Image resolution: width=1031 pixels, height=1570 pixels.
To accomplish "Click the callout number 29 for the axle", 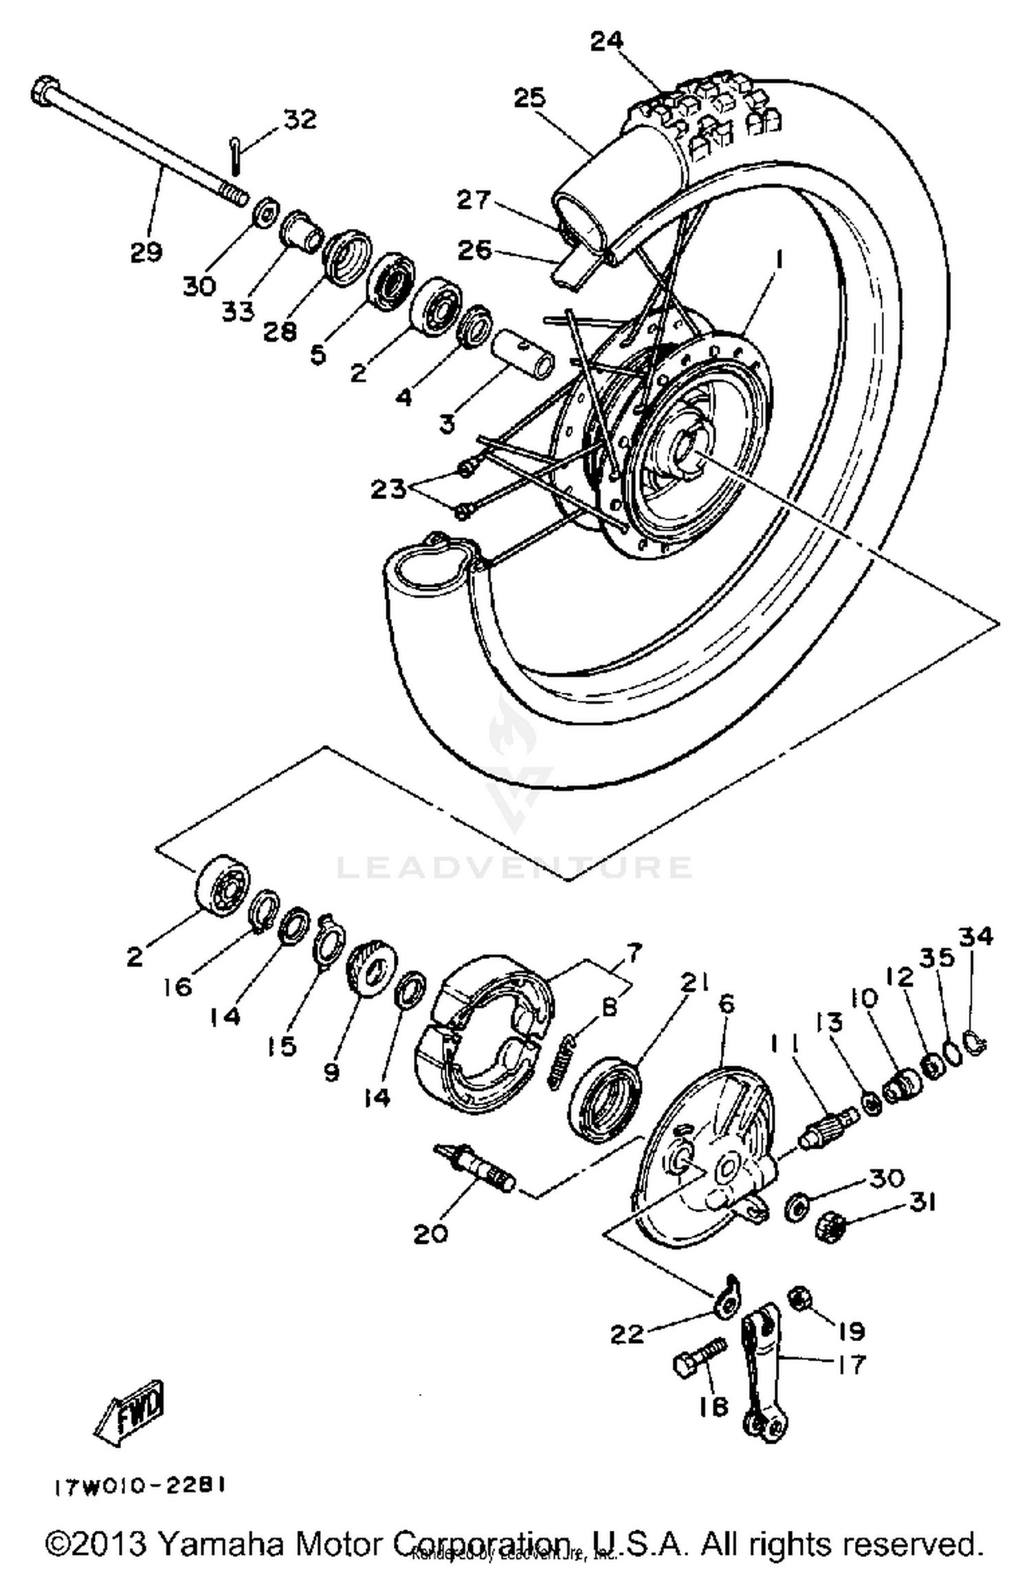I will [146, 252].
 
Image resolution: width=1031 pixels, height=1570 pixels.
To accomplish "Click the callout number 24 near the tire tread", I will [608, 41].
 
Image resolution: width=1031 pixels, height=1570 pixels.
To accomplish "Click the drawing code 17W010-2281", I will [140, 1487].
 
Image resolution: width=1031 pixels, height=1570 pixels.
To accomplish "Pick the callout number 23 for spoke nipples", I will [389, 489].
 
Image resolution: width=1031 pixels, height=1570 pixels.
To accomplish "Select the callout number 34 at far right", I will [977, 936].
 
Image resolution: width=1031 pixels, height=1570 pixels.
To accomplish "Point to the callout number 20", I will [431, 1234].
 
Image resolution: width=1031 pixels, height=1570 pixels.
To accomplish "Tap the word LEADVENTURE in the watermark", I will [513, 867].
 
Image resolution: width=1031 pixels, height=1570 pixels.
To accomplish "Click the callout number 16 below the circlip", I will [177, 987].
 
